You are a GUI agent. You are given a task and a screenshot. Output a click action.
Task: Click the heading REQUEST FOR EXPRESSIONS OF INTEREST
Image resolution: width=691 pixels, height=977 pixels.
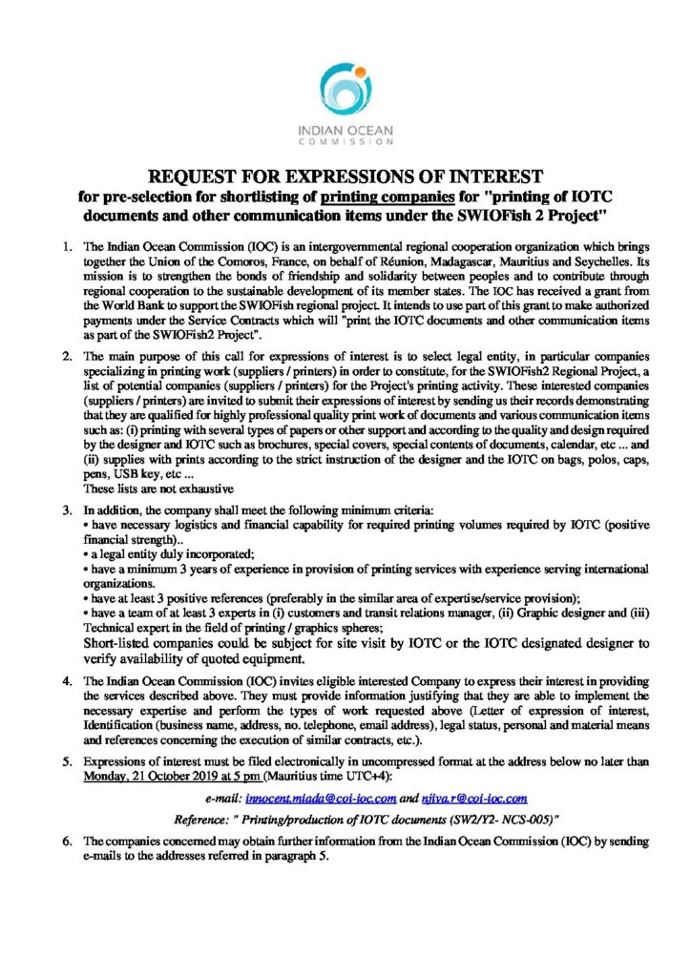(x=345, y=177)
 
